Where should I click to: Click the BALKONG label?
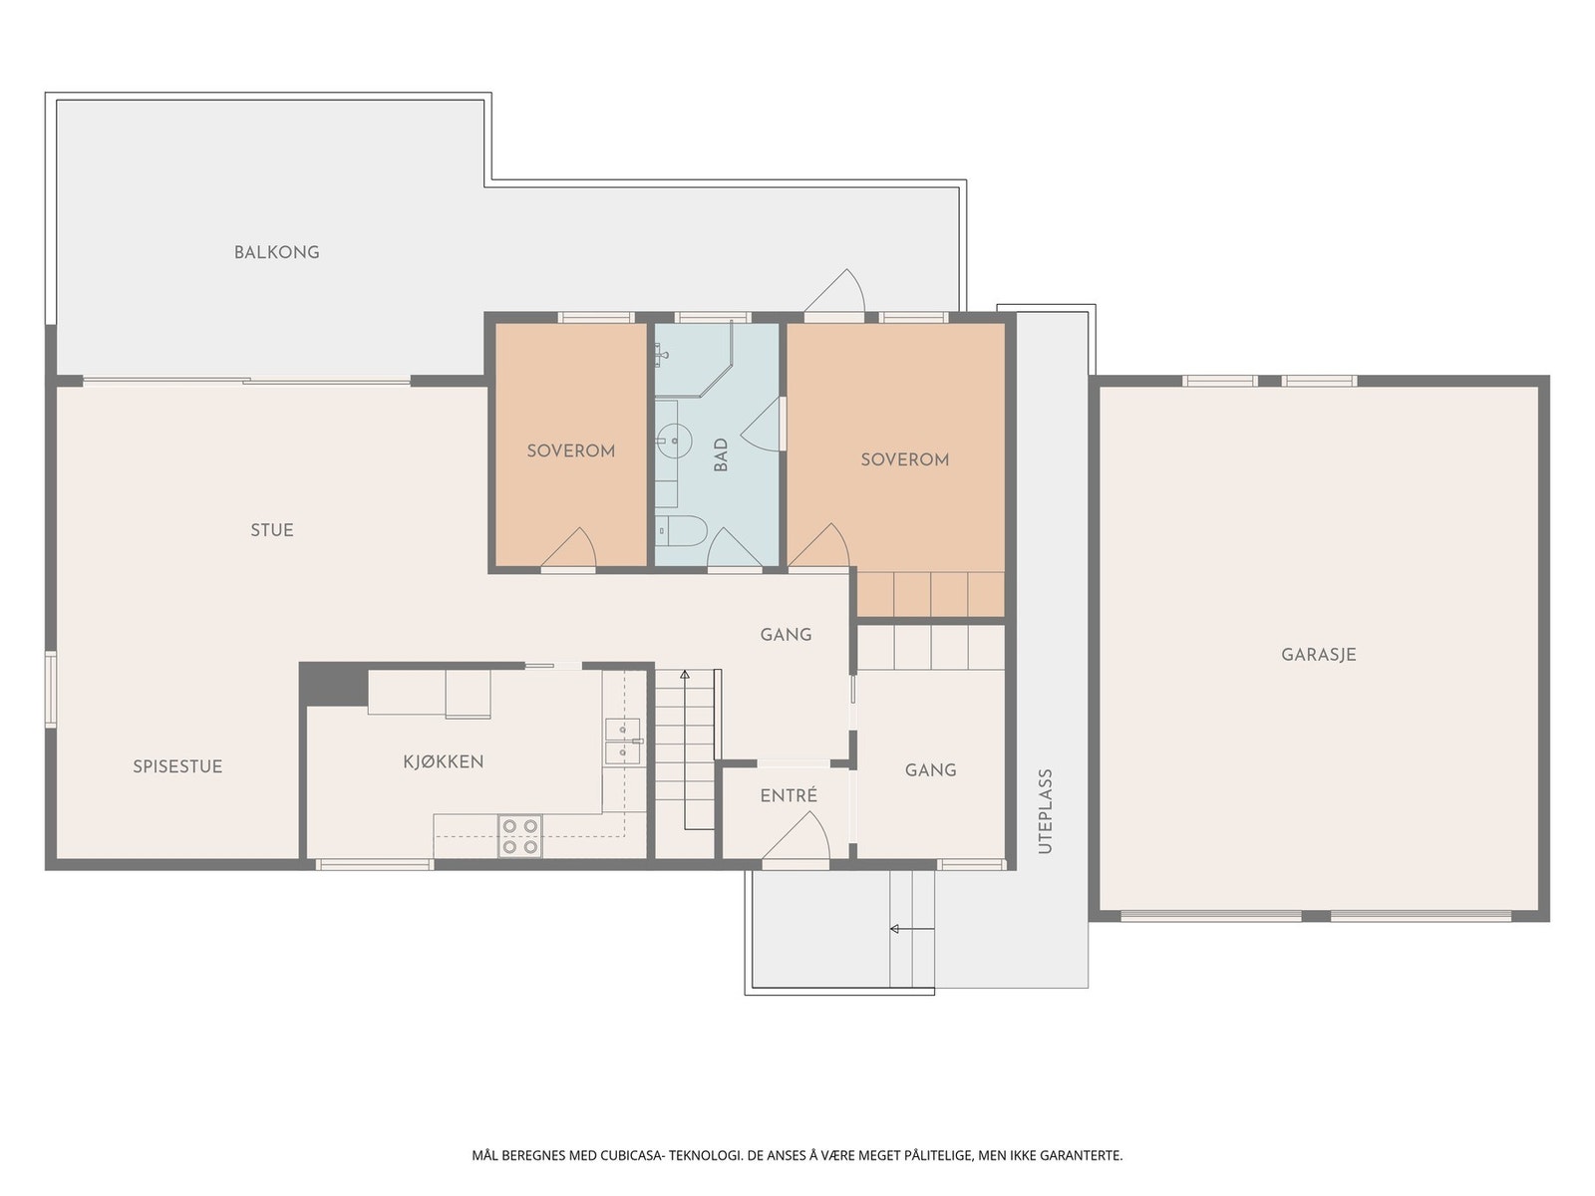click(x=277, y=253)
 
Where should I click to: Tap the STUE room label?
click(x=272, y=530)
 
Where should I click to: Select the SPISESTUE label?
click(x=177, y=766)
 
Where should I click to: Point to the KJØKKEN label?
click(x=444, y=761)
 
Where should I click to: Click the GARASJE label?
click(x=1319, y=655)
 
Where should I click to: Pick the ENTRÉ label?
click(x=789, y=796)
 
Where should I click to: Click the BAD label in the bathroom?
click(x=721, y=454)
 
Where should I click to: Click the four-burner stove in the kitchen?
click(x=519, y=836)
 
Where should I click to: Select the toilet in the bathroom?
click(x=681, y=531)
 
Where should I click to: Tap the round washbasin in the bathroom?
click(x=674, y=441)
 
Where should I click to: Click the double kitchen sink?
click(x=623, y=741)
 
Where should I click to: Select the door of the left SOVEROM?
click(x=569, y=547)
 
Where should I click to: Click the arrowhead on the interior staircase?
click(x=685, y=675)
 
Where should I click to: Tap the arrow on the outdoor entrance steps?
click(x=913, y=929)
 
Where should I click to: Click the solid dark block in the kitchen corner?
click(x=334, y=684)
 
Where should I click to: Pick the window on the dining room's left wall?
click(x=50, y=689)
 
